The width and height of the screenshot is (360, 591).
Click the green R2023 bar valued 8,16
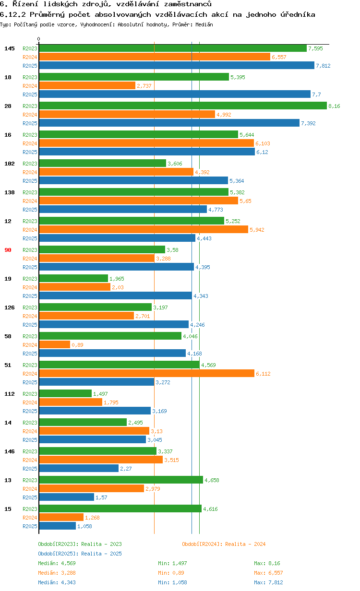point(182,106)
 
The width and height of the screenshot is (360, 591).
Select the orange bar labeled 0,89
point(54,344)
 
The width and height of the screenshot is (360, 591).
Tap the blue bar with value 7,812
point(176,65)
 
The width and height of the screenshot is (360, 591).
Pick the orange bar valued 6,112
point(146,373)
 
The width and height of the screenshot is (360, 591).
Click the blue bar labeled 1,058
point(57,526)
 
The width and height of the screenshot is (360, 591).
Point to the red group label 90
point(8,250)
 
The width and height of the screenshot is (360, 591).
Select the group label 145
point(10,48)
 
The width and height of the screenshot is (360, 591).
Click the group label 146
point(10,451)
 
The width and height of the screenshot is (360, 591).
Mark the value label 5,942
point(257,230)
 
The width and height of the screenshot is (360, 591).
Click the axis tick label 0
point(39,39)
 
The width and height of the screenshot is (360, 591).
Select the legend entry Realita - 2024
point(224,544)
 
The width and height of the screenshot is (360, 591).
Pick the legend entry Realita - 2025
point(80,554)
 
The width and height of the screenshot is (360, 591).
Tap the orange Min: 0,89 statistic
point(171,573)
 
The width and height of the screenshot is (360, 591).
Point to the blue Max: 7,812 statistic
point(268,582)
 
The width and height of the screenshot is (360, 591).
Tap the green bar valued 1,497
point(65,393)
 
